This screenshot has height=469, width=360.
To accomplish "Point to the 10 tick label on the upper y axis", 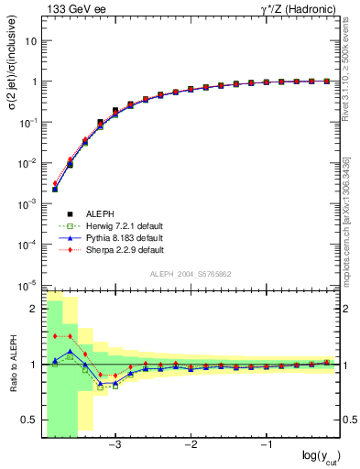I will pos(31,41).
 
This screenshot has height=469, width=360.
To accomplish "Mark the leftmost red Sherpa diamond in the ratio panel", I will pos(55,336).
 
